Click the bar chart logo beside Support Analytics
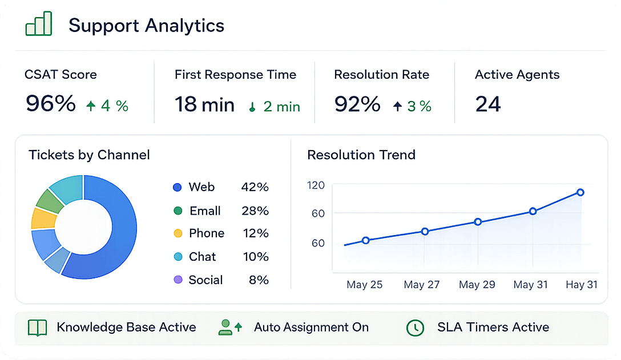tap(39, 24)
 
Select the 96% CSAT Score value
tap(51, 104)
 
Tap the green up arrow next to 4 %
tap(91, 106)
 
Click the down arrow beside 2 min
tap(252, 107)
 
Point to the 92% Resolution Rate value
tap(357, 104)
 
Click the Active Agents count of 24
tap(488, 104)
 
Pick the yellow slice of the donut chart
tap(43, 218)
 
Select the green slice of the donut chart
tap(50, 201)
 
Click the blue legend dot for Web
tap(178, 187)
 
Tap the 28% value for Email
tap(255, 211)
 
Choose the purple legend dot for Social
tap(178, 280)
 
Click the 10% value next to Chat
tap(256, 257)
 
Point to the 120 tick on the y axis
tap(316, 185)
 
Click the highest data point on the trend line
tap(580, 192)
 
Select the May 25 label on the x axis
tap(364, 285)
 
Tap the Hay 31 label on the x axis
tap(582, 285)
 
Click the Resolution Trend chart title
tap(361, 155)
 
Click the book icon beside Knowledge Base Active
tap(38, 327)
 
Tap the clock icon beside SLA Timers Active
tap(415, 328)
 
